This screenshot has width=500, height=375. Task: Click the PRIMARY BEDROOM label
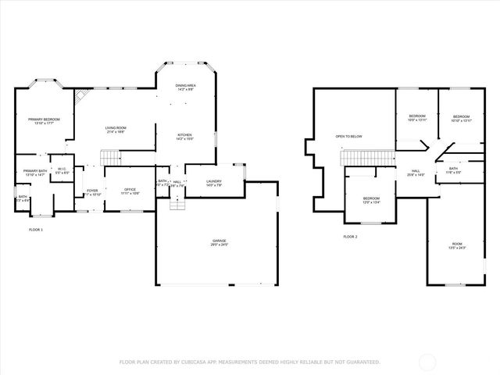click(x=44, y=120)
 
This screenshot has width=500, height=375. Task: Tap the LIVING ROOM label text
click(x=116, y=130)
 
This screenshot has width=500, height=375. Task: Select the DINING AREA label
click(x=185, y=87)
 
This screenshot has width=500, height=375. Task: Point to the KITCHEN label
click(x=184, y=136)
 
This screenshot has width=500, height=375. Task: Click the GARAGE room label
click(x=218, y=243)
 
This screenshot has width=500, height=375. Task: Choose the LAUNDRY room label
click(x=214, y=184)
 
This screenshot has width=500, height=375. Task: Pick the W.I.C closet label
click(x=60, y=170)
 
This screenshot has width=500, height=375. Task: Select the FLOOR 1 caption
click(x=36, y=230)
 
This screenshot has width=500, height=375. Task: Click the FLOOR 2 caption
click(x=350, y=236)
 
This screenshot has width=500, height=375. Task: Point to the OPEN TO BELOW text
click(x=348, y=137)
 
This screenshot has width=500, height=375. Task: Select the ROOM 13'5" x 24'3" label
click(x=457, y=245)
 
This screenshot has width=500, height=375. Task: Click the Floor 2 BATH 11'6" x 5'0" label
click(x=453, y=170)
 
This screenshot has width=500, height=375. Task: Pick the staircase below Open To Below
click(x=365, y=159)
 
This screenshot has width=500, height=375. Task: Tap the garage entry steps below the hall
click(x=178, y=202)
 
